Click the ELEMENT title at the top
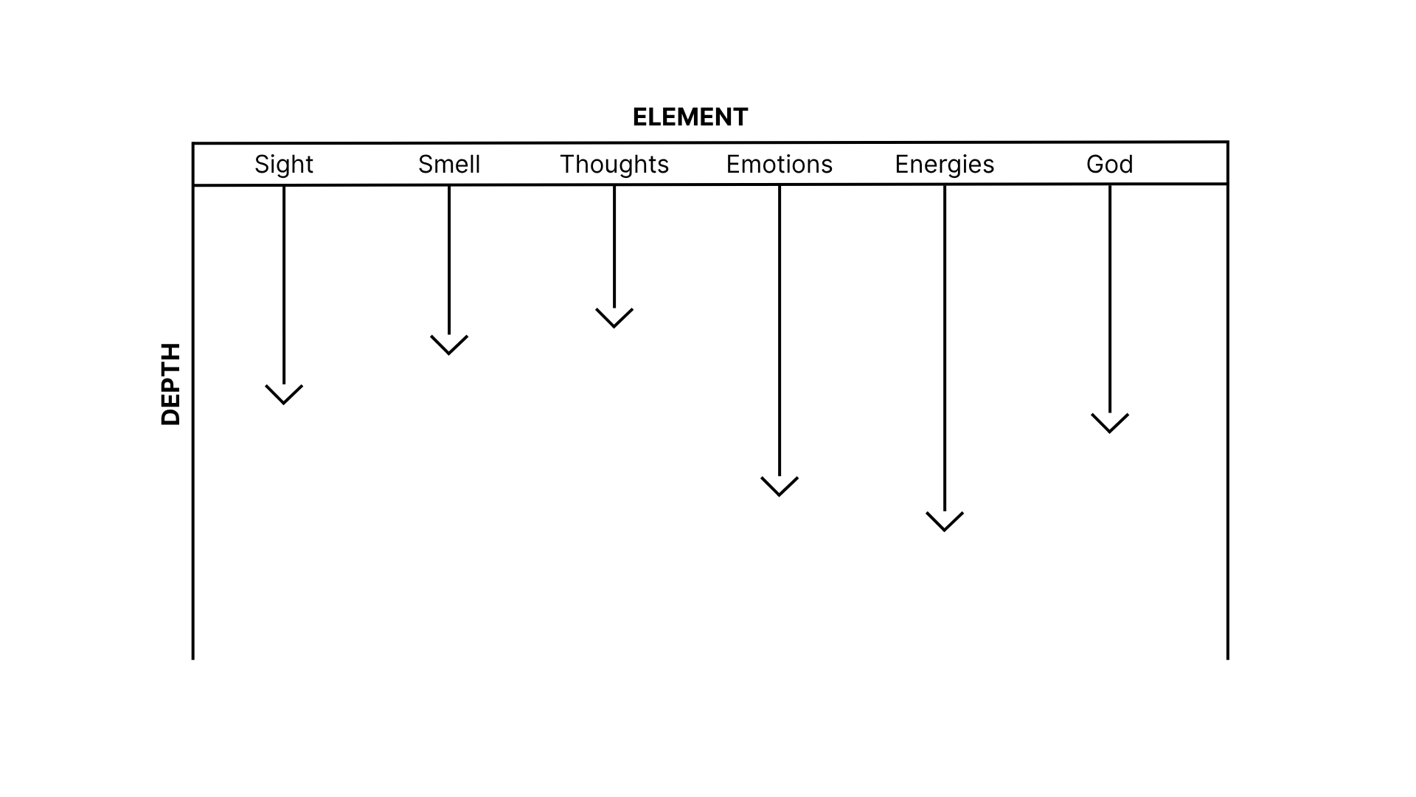(x=690, y=117)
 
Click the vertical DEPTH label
(x=170, y=384)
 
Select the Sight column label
(x=283, y=164)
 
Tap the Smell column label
(x=448, y=164)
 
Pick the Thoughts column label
(x=614, y=164)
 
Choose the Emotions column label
(x=779, y=164)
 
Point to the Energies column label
(x=944, y=164)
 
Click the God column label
(x=1109, y=164)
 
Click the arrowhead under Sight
(x=284, y=396)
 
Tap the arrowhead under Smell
(x=449, y=346)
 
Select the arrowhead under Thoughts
(x=614, y=319)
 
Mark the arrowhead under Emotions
(x=780, y=487)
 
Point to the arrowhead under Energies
(x=945, y=522)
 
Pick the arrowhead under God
(x=1110, y=424)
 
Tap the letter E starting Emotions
(x=733, y=164)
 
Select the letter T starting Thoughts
(x=567, y=164)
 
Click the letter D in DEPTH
(x=170, y=417)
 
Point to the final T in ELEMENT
(x=740, y=117)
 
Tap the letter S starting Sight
(x=261, y=164)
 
